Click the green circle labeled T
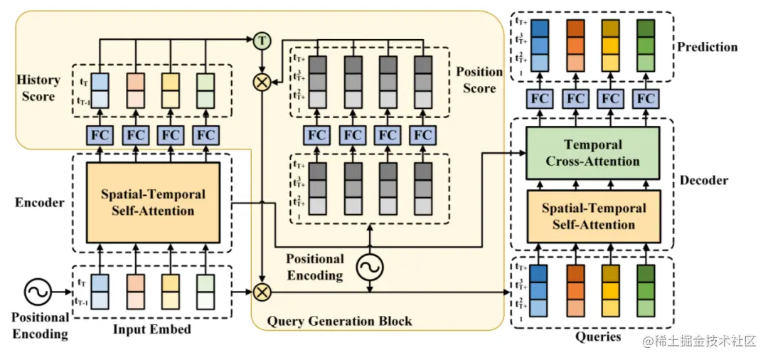pos(263,41)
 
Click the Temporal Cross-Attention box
pos(592,152)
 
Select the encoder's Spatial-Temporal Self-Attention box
pos(153,202)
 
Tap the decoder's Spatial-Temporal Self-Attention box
pos(594,216)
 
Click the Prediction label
pos(707,47)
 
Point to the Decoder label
pos(704,180)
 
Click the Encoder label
pos(40,202)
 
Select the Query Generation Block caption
pos(339,321)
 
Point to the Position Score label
pos(479,80)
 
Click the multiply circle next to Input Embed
pos(263,291)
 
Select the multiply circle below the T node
pos(263,83)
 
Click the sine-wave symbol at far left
pos(37,291)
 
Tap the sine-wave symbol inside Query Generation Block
pos(370,267)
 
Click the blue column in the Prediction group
pos(540,44)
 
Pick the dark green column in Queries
pos(646,291)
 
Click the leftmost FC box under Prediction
pos(540,98)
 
